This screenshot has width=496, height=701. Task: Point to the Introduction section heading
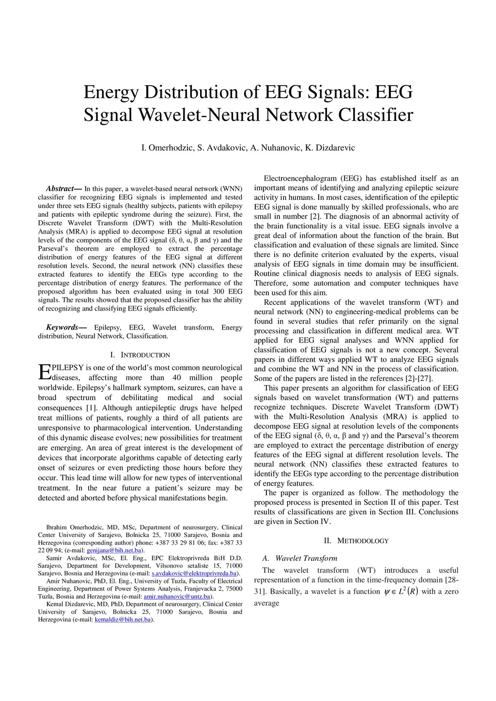point(140,355)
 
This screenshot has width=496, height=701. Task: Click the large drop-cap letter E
point(44,372)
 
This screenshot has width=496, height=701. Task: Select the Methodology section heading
point(356,541)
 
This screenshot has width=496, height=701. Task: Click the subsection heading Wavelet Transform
point(306,558)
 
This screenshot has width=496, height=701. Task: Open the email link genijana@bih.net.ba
point(114,551)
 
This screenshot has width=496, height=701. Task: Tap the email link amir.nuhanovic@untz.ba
point(177,597)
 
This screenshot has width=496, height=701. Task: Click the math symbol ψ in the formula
point(387,592)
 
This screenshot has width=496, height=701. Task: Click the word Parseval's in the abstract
point(53,249)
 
